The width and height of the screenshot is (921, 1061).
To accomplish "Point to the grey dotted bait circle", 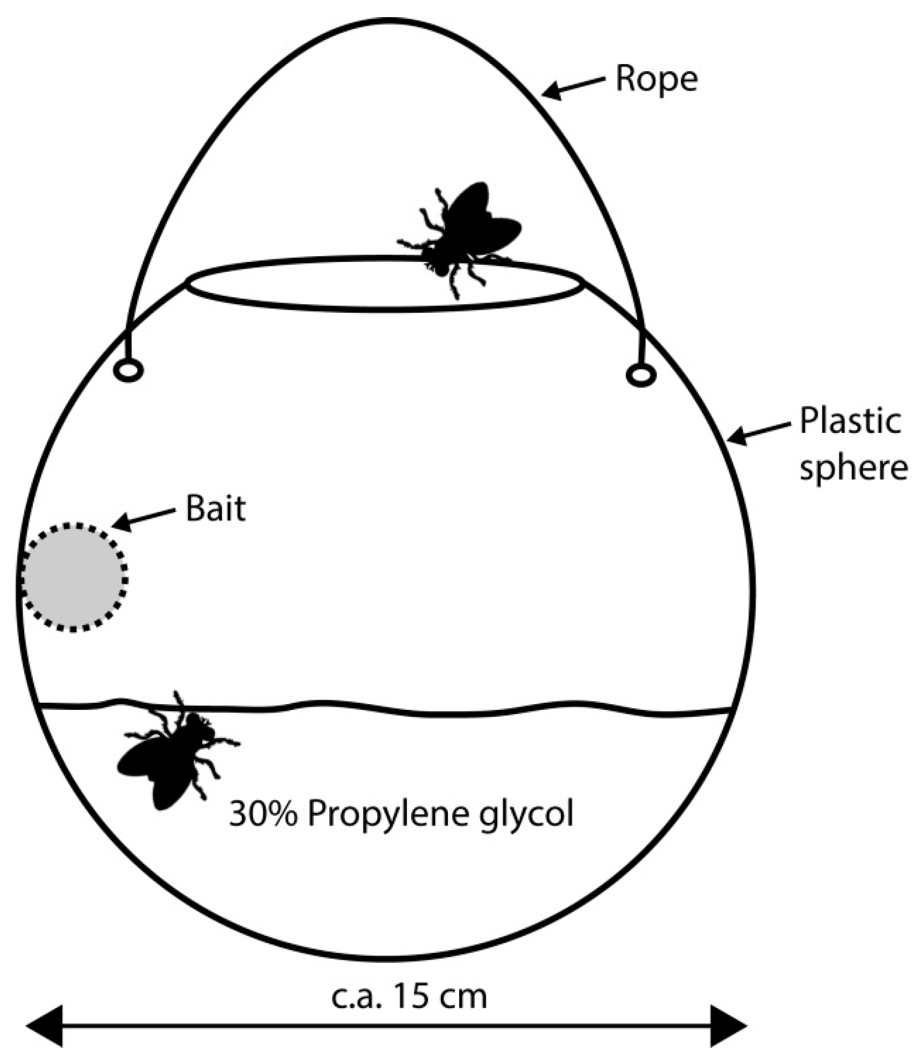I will (x=74, y=577).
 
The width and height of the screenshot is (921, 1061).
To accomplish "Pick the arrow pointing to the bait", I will (x=143, y=519).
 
